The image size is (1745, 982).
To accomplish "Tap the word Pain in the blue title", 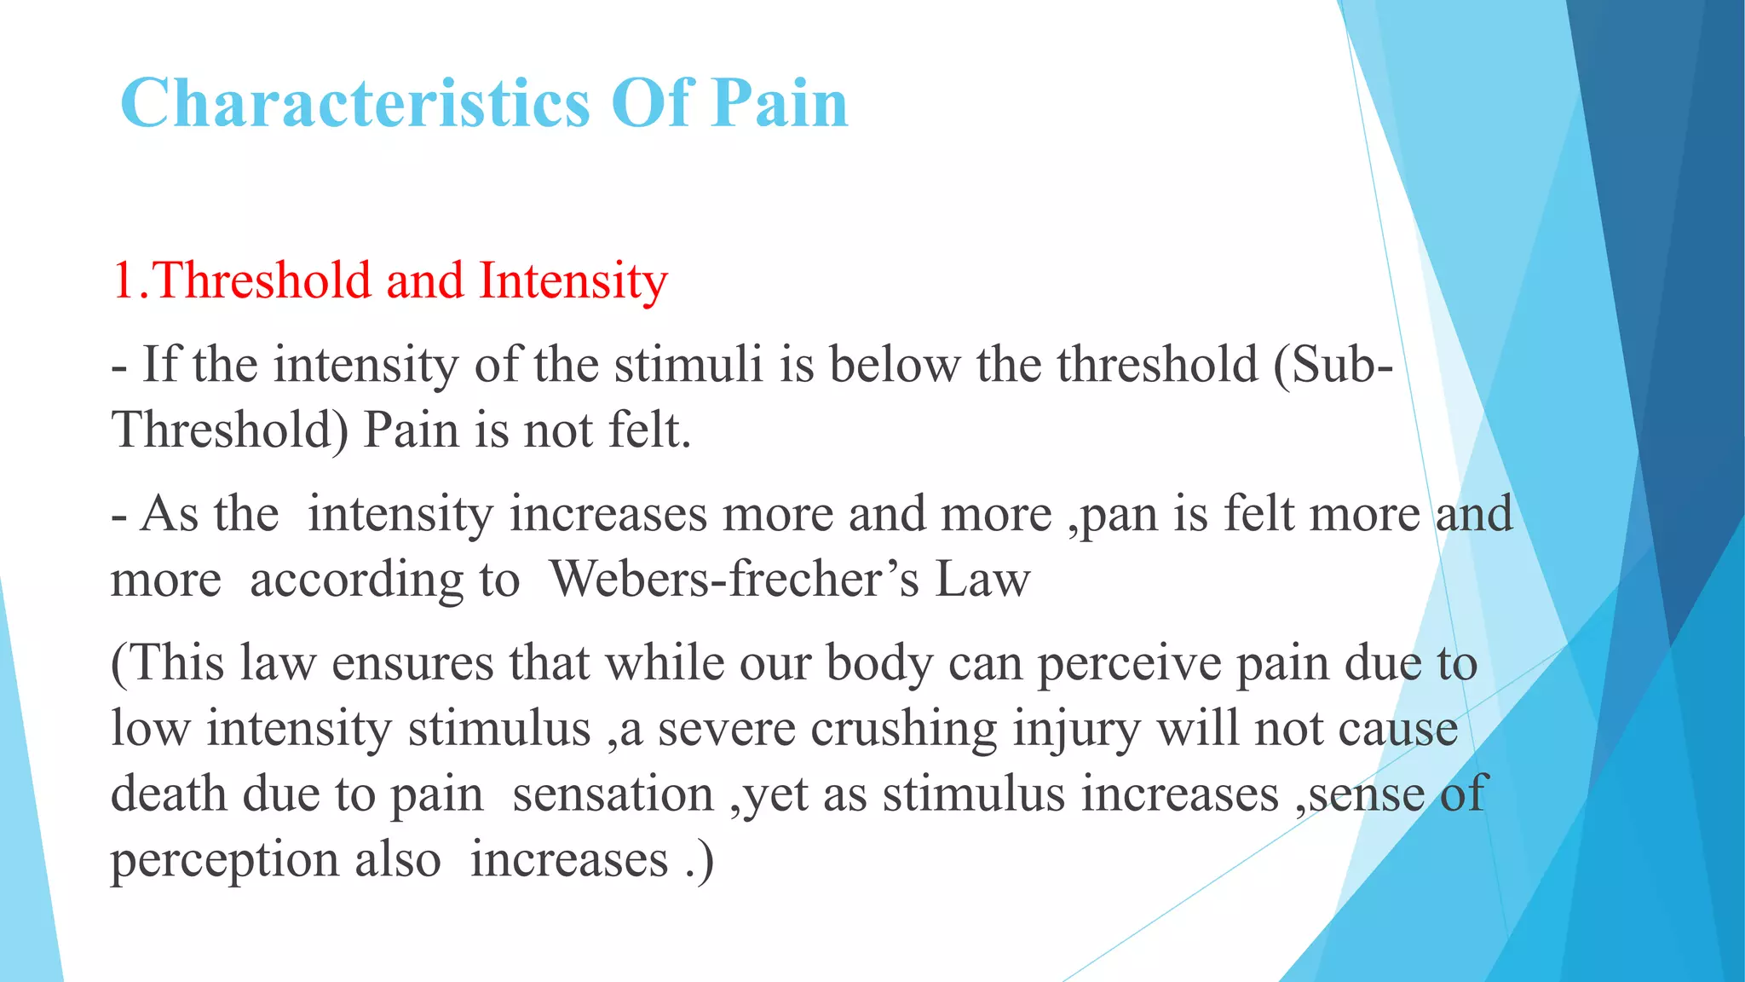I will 780,104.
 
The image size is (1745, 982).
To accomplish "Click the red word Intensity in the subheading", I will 573,280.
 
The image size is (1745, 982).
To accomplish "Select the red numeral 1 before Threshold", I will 123,280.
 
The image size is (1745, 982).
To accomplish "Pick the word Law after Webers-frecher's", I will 982,580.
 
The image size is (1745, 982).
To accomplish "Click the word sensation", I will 613,794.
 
